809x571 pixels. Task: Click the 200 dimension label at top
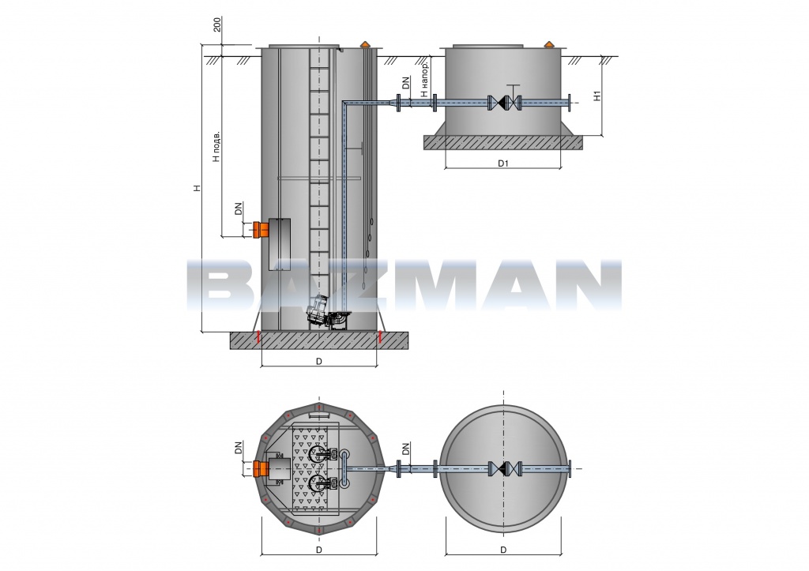coord(217,24)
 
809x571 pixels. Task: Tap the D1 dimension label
coord(503,163)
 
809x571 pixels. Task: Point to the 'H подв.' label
coord(216,146)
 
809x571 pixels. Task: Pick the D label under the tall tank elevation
coord(319,362)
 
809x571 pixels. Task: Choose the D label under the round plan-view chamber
coord(503,550)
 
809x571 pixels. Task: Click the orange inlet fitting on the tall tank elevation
coord(260,230)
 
